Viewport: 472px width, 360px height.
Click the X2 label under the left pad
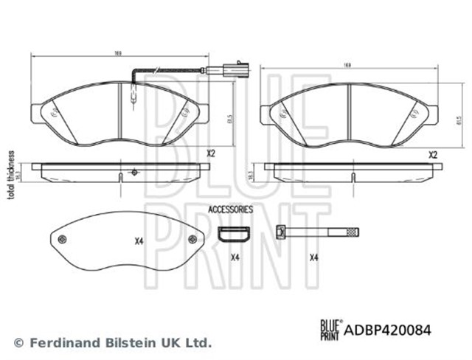tap(209, 154)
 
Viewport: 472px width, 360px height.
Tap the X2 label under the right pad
tap(434, 155)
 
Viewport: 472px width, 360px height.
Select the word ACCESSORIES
tap(230, 210)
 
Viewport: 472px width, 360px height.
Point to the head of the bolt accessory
tap(280, 232)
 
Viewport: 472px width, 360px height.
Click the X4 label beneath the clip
tap(235, 257)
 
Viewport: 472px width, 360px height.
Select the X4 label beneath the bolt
tap(313, 257)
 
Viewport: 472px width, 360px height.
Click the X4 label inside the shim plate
tap(139, 240)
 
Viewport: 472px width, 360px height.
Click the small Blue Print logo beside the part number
tap(330, 331)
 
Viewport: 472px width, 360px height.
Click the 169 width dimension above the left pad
tap(118, 52)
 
